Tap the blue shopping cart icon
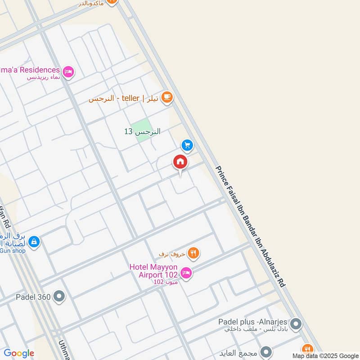pos(188,145)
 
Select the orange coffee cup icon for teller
pos(167,97)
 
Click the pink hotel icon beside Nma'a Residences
pos(68,72)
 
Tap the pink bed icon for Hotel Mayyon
pos(186,273)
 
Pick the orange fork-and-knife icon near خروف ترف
pos(194,253)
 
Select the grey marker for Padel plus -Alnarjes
pos(296,324)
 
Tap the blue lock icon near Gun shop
pos(34,242)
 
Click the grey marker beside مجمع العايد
pos(266,352)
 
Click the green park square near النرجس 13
pos(143,130)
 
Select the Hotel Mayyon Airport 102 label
pos(154,270)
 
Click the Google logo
pos(19,354)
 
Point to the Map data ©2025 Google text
pos(325,355)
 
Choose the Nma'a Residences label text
pos(30,70)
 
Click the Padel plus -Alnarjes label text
pos(253,322)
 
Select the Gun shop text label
pos(13,251)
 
